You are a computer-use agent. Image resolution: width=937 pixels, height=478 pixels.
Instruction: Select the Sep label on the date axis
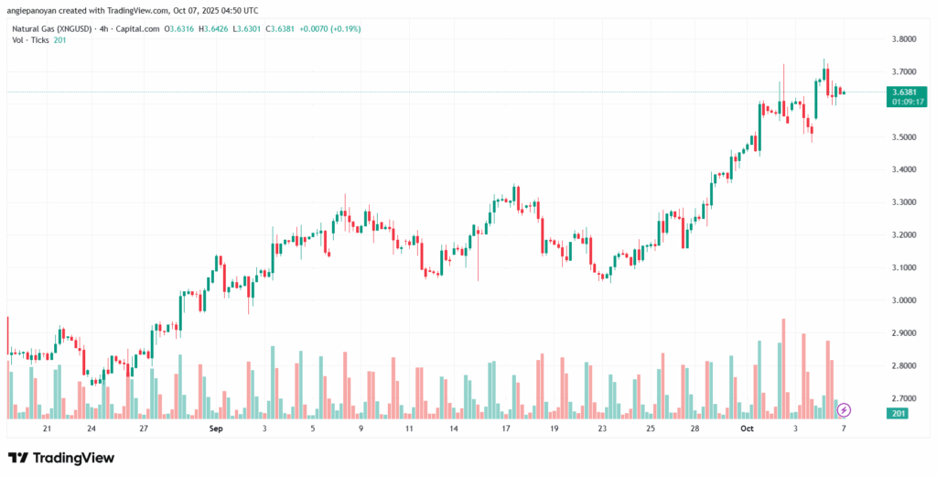pos(216,428)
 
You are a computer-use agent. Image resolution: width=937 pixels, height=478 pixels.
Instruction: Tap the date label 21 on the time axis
pos(48,428)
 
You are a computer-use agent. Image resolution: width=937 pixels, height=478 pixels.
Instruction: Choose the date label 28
pos(695,428)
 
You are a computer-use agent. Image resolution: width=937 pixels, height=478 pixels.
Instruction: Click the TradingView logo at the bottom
pos(61,457)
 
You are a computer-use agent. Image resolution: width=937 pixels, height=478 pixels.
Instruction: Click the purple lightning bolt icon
pos(845,409)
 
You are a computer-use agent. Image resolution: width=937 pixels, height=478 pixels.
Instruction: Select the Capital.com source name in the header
pos(137,29)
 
